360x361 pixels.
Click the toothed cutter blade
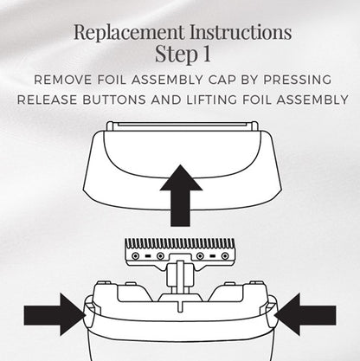pyautogui.click(x=180, y=250)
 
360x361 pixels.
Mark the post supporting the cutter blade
pyautogui.click(x=180, y=281)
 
